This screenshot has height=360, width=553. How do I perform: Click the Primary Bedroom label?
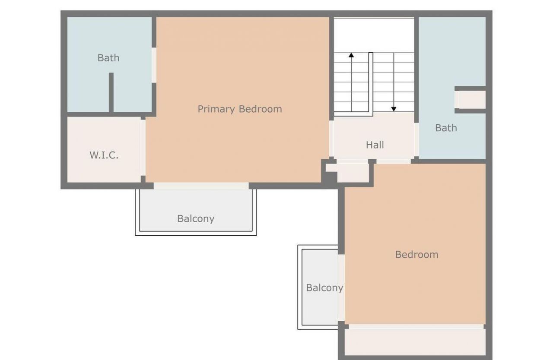coord(240,109)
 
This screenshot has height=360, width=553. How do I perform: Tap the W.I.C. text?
coord(104,155)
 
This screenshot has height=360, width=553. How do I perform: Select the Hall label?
coord(375,145)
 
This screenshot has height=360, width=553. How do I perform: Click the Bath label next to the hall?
coord(446,128)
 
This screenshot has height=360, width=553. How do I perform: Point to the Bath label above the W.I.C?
coord(108,58)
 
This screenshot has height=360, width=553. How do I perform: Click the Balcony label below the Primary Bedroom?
coord(196,218)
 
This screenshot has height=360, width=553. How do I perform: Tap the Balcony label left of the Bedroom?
coord(324,287)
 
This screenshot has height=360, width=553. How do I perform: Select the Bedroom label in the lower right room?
coord(416,255)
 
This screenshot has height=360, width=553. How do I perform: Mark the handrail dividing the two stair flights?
coord(371,82)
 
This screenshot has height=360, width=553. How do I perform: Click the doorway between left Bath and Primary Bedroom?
coord(154,65)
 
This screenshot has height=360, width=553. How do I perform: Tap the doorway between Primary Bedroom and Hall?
coord(331,138)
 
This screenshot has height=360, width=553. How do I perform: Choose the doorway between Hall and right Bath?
coord(416,139)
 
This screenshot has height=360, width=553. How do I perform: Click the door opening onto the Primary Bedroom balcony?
coord(201,186)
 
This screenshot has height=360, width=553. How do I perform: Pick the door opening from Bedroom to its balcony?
coord(341,287)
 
